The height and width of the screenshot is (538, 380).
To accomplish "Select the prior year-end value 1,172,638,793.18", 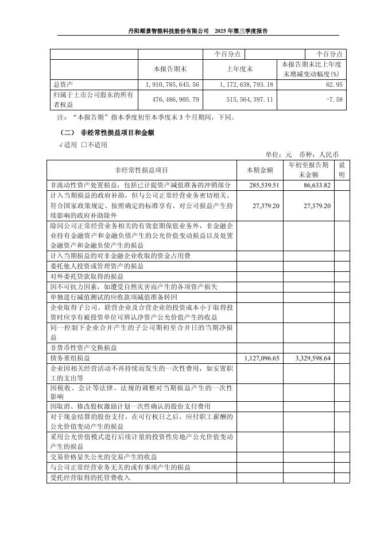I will (x=247, y=84).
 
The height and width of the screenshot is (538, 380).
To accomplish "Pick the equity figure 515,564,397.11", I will (x=247, y=99).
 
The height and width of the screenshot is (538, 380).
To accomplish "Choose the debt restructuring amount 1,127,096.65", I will (x=262, y=358).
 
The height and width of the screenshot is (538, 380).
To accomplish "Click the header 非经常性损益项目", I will (x=142, y=170).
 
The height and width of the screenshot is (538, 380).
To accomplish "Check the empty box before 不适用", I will (x=84, y=144).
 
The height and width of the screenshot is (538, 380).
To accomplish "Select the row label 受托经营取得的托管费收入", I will (x=91, y=478).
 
